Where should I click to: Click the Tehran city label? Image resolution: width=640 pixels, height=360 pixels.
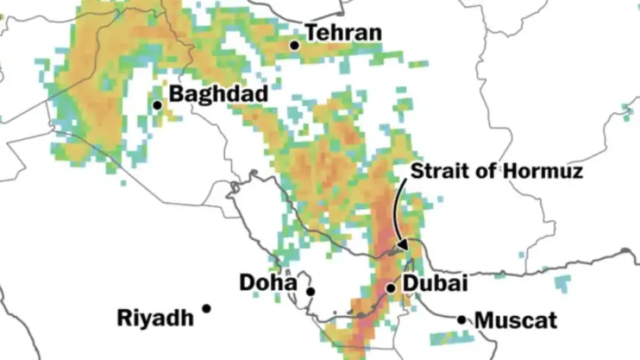(x=344, y=33)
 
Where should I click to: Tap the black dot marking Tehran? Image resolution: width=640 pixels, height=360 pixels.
(x=294, y=45)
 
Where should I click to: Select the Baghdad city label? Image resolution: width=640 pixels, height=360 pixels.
(x=218, y=95)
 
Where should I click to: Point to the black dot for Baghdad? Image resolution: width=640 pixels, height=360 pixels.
(x=157, y=105)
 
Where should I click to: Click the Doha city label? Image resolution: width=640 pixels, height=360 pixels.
(x=268, y=283)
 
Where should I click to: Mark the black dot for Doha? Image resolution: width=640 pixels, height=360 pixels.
(x=310, y=292)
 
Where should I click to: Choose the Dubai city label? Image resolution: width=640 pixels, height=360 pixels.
(x=435, y=283)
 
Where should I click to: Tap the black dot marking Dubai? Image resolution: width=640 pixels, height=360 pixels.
(x=391, y=287)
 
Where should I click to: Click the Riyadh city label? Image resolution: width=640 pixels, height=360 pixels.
(x=155, y=318)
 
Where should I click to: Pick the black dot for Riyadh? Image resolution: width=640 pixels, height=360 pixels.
(x=207, y=308)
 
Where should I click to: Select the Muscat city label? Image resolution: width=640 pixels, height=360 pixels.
(x=516, y=321)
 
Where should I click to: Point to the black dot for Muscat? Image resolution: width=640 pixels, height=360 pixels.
(x=461, y=320)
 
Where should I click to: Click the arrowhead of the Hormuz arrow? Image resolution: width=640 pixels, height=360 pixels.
(x=402, y=243)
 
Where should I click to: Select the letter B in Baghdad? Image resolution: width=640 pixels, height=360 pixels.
(x=176, y=95)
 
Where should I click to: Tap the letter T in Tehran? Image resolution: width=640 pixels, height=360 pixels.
(x=311, y=33)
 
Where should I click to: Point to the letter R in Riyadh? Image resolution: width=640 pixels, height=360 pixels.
(x=124, y=318)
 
